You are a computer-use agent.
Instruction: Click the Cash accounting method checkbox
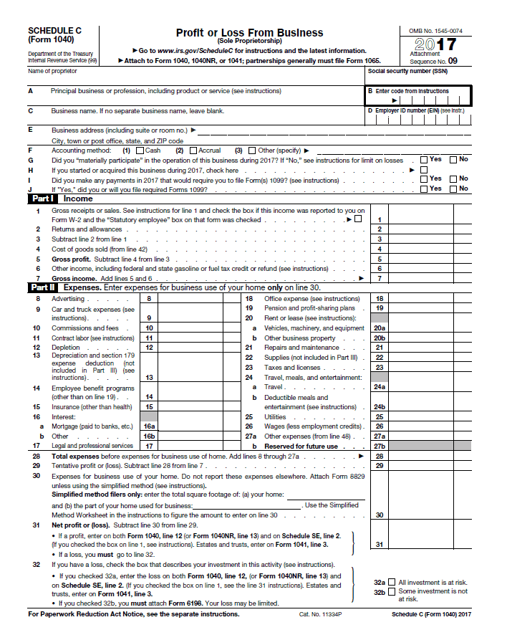pyautogui.click(x=140, y=151)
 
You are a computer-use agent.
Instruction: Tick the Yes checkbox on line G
pyautogui.click(x=424, y=160)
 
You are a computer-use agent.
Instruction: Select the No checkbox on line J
pyautogui.click(x=453, y=188)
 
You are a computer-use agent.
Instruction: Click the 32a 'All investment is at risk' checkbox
pyautogui.click(x=391, y=583)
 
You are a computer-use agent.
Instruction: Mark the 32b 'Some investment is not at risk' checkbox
pyautogui.click(x=391, y=591)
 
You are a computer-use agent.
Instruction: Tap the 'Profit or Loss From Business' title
pyautogui.click(x=249, y=33)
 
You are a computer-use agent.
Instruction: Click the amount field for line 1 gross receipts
pyautogui.click(x=430, y=219)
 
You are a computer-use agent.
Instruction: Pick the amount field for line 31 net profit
pyautogui.click(x=430, y=544)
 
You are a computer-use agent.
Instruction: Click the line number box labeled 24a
pyautogui.click(x=380, y=387)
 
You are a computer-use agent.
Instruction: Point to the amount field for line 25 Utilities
pyautogui.click(x=430, y=416)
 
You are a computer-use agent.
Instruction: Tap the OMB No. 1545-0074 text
pyautogui.click(x=435, y=31)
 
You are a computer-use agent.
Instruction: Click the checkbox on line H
pyautogui.click(x=423, y=170)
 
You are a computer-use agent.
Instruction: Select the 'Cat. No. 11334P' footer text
pyautogui.click(x=319, y=615)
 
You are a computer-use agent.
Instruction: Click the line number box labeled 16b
pyautogui.click(x=149, y=436)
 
